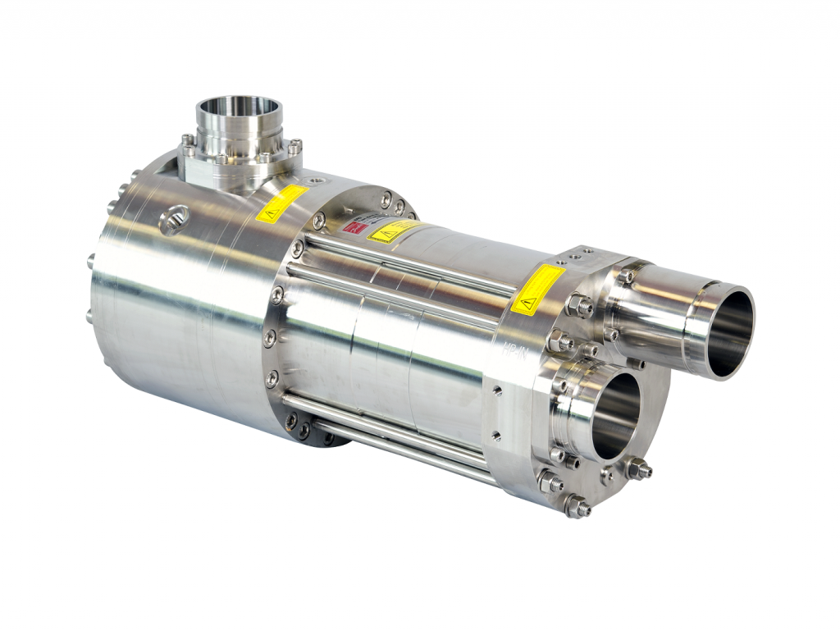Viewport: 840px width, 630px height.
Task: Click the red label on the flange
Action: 354,226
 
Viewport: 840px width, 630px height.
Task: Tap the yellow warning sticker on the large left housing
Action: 281,203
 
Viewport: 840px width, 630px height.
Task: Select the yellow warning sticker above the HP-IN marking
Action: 537,289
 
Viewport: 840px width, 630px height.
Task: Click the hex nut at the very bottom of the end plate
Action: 577,508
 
